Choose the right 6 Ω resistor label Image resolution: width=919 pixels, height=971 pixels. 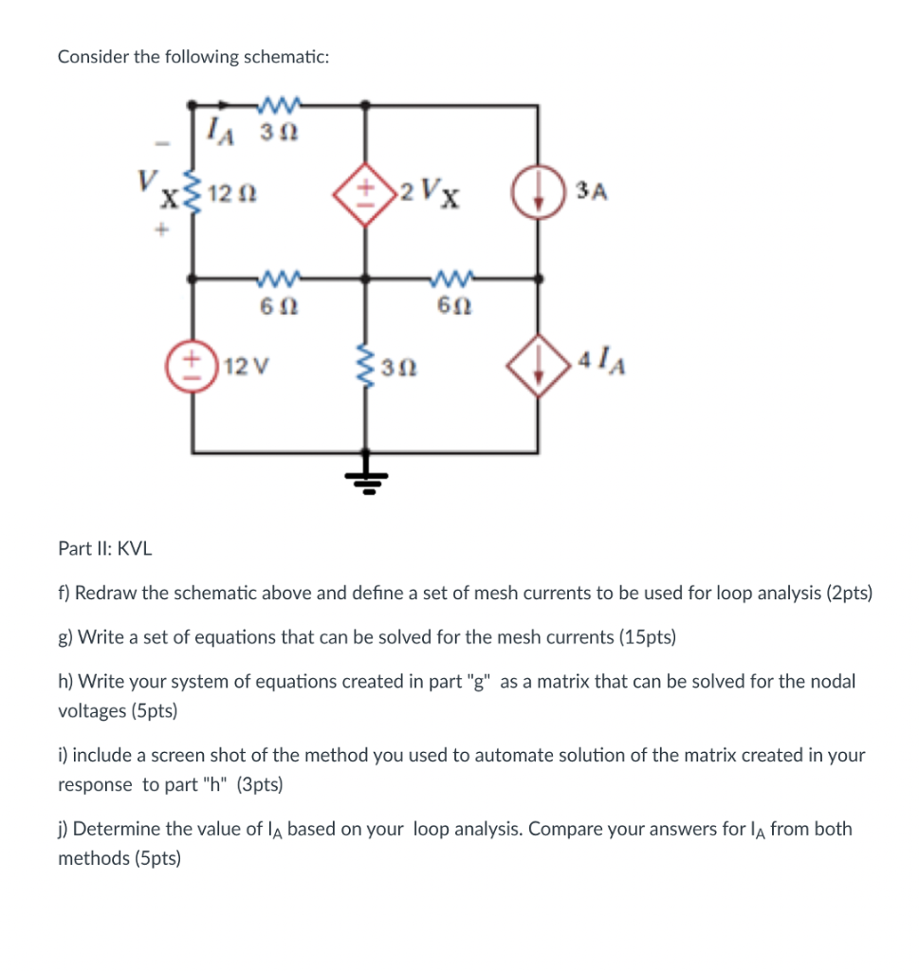[453, 308]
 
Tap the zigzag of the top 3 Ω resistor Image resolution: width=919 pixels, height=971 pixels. [279, 102]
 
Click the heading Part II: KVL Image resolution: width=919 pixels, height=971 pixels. [104, 549]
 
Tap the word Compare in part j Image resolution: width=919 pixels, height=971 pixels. [564, 829]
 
